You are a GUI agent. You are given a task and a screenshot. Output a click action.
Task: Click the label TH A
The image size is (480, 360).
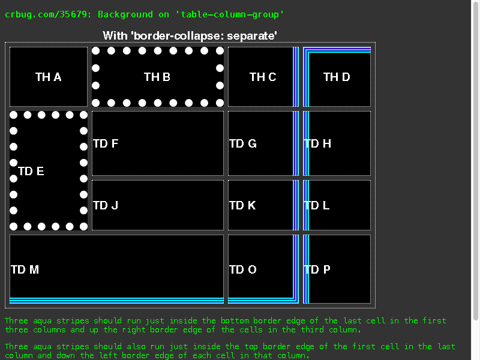point(49,77)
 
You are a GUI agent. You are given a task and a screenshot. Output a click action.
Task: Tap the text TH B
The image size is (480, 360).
point(157,77)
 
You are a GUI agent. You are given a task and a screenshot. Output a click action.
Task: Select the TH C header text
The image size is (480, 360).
point(263,77)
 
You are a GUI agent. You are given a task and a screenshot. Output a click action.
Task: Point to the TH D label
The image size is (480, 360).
point(337,77)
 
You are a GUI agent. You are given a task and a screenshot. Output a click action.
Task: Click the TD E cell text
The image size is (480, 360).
point(31,171)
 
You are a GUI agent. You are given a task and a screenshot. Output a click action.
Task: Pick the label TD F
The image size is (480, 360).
point(106,143)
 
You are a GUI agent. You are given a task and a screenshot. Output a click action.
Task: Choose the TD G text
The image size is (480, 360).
point(243,143)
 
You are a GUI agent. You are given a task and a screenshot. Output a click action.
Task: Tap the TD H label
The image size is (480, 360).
point(317,143)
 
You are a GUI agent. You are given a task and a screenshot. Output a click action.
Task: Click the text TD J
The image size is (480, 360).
point(106,205)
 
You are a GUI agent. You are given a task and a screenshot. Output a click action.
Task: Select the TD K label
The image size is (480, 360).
point(242,205)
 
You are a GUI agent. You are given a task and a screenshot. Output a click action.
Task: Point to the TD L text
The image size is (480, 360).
point(317,205)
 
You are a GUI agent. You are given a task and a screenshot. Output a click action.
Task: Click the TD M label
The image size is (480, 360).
point(25,269)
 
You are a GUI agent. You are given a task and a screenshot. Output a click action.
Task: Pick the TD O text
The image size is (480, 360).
point(243,269)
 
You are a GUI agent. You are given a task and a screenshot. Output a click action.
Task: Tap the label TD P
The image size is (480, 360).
point(317,269)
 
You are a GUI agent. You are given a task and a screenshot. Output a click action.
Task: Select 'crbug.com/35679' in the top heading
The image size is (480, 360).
point(46,14)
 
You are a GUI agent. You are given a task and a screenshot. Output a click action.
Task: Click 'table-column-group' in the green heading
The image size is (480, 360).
point(230,14)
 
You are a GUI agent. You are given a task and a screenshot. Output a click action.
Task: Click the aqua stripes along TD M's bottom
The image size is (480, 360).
point(116,301)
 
